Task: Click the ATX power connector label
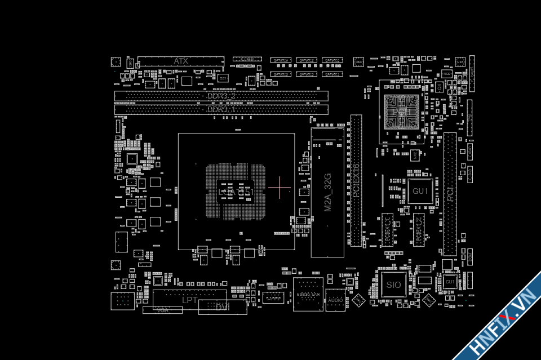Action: coord(181,61)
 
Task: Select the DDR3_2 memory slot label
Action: coord(221,96)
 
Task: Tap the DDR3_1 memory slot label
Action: coord(221,110)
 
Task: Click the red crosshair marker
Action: coord(280,187)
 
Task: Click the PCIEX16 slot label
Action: coord(356,180)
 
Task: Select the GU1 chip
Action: coord(420,191)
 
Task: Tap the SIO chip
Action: coord(393,285)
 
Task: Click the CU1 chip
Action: coord(450,282)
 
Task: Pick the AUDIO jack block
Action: coord(335,300)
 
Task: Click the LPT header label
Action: coord(189,300)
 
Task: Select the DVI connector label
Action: coord(223,307)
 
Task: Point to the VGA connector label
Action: coord(162,310)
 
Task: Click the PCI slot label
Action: coord(450,194)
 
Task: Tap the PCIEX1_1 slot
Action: coord(387,230)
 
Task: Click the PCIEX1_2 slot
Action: coord(418,230)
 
